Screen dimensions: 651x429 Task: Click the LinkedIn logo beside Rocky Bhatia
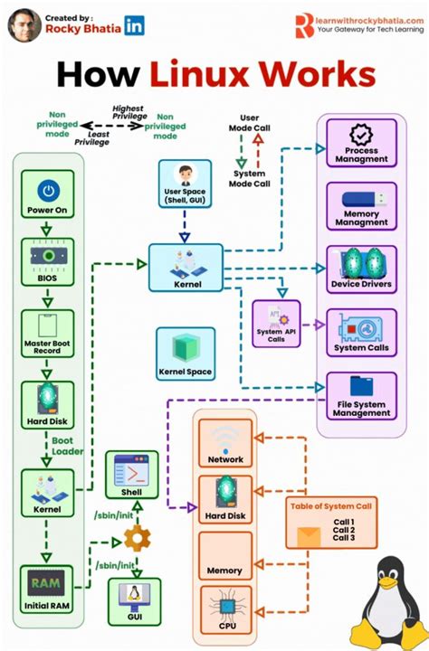click(x=135, y=27)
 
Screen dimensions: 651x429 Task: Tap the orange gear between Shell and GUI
click(x=137, y=539)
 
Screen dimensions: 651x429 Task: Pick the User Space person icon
click(x=184, y=174)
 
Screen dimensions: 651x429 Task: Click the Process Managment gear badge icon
click(x=361, y=136)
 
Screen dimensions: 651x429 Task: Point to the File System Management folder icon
click(x=361, y=387)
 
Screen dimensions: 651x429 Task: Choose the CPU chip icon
click(x=225, y=603)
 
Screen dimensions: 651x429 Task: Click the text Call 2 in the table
click(x=343, y=530)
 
